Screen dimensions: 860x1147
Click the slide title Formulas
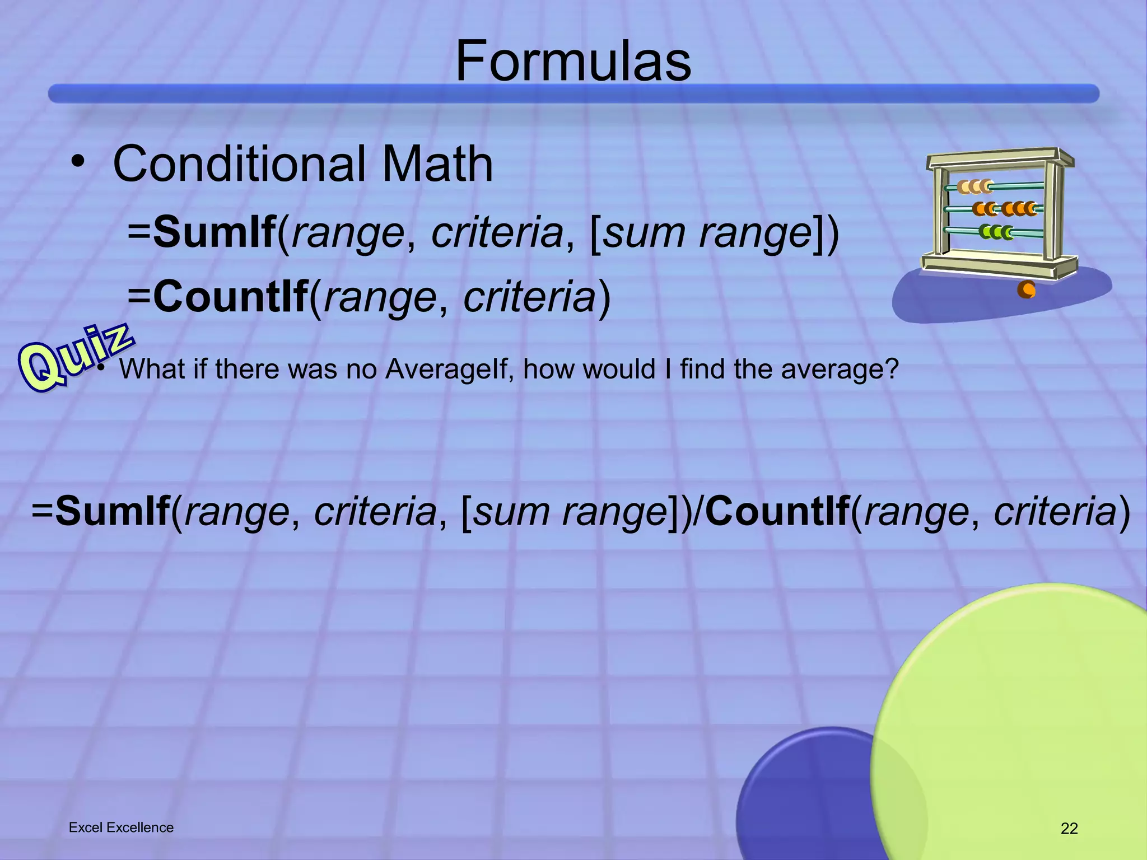point(573,62)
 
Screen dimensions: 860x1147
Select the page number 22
point(1069,828)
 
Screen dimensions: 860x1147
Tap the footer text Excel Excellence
point(121,828)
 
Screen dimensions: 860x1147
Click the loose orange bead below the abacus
point(1026,289)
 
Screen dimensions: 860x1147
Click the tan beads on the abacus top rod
point(975,186)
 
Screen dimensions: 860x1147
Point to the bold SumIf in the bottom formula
point(113,511)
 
